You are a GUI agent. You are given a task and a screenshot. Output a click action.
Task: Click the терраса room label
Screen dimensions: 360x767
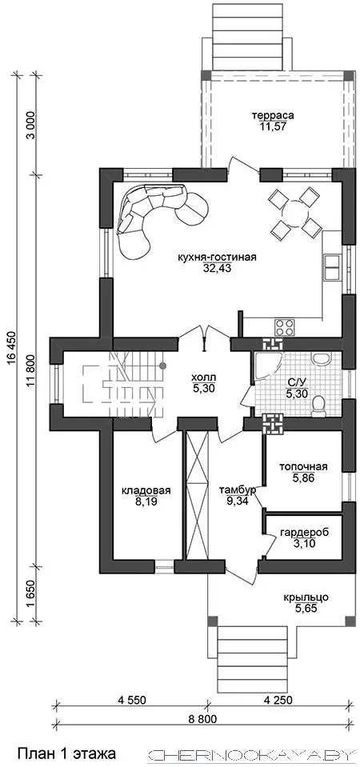pyautogui.click(x=273, y=116)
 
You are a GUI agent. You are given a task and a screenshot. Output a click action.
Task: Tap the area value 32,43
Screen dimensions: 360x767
pyautogui.click(x=218, y=268)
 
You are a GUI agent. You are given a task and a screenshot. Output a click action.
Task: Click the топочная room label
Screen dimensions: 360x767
pyautogui.click(x=303, y=466)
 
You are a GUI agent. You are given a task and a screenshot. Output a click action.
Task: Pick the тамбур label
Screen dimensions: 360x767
pyautogui.click(x=238, y=490)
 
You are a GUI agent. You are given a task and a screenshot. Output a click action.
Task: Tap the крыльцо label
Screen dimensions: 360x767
pyautogui.click(x=306, y=597)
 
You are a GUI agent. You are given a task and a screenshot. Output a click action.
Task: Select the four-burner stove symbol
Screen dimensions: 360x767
pyautogui.click(x=285, y=326)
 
